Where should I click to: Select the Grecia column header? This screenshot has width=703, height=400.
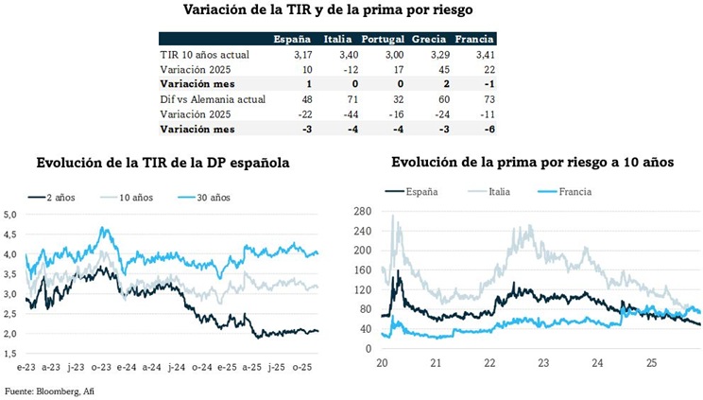pyautogui.click(x=430, y=40)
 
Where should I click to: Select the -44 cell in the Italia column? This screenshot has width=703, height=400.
pyautogui.click(x=340, y=113)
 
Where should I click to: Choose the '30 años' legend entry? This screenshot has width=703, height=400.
pyautogui.click(x=214, y=197)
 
